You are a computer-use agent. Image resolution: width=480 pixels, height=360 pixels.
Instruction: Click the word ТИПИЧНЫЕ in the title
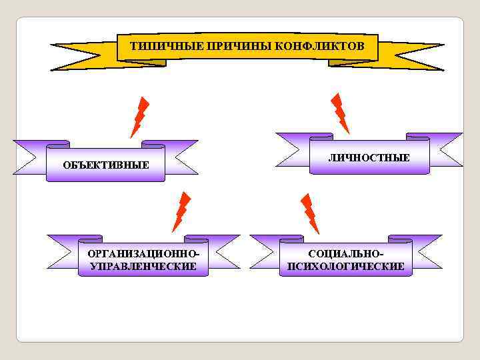click(158, 47)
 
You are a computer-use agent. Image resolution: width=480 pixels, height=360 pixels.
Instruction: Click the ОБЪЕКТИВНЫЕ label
click(105, 165)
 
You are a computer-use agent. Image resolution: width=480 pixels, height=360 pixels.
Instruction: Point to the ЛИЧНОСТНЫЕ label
click(369, 157)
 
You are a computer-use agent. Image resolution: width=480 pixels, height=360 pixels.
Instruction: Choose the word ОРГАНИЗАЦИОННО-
click(143, 254)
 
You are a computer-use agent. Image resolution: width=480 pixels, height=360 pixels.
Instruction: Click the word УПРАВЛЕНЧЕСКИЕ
click(143, 266)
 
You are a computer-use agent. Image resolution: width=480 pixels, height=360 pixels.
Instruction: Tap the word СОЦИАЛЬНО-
click(346, 254)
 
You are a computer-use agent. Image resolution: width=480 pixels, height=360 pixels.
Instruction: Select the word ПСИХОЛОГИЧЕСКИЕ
click(346, 266)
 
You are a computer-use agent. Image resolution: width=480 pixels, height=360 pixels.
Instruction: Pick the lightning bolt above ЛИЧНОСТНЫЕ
click(340, 113)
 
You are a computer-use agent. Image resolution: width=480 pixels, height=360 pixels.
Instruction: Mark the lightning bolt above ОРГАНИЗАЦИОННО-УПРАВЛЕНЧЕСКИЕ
click(181, 212)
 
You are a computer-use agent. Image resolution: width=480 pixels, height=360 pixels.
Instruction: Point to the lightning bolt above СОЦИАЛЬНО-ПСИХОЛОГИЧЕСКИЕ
click(309, 213)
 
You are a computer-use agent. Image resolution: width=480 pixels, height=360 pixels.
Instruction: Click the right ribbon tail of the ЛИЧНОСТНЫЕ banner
click(445, 149)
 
